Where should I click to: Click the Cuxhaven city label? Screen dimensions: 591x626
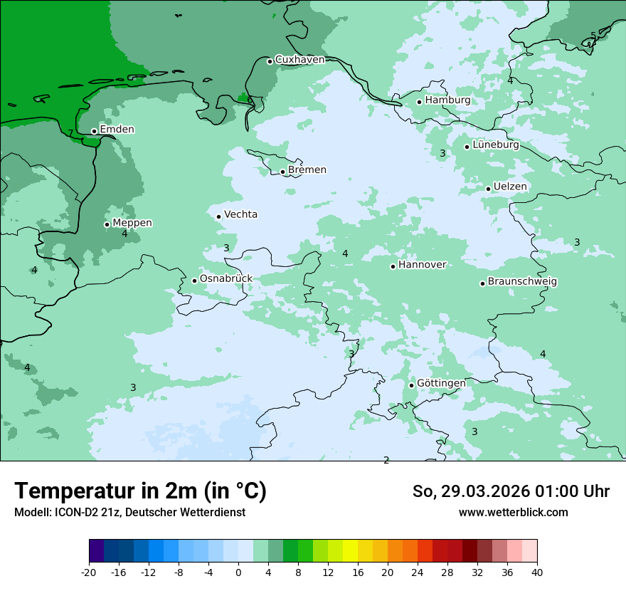coord(299,60)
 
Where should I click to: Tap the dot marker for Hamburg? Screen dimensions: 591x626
coord(420,102)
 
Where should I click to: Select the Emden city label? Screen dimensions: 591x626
coord(117,130)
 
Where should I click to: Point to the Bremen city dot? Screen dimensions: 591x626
coord(282,172)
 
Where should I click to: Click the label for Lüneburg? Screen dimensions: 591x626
coord(495,145)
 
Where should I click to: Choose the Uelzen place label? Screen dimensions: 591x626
coord(510,187)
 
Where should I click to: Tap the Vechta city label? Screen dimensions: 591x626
coord(240,214)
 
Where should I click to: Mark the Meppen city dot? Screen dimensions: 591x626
coord(107,224)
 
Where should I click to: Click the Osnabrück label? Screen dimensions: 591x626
coord(226,278)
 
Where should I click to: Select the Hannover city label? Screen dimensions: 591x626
coord(422,265)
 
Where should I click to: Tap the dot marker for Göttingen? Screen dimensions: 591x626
coord(411,385)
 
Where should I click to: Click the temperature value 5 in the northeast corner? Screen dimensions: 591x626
coord(593,36)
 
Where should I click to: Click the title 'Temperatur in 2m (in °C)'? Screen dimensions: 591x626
coord(140,491)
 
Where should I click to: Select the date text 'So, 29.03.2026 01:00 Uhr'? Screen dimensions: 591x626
coord(511,491)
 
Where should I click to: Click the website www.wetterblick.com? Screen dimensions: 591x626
coord(513,512)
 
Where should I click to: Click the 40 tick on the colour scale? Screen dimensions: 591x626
coord(537,572)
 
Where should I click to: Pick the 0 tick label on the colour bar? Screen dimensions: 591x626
coord(238,572)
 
